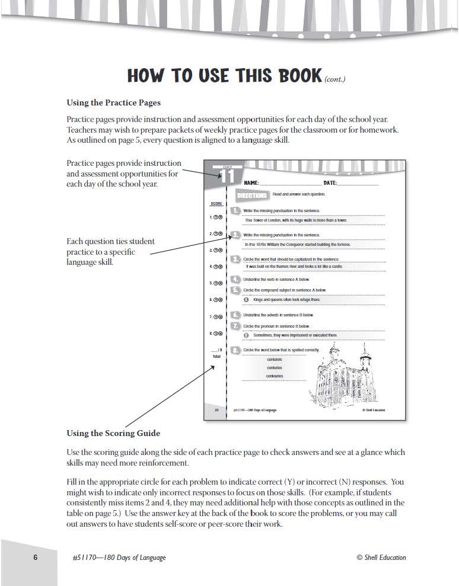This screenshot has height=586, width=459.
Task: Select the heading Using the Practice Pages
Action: pos(113,103)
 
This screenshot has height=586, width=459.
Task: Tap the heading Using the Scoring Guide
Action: pos(113,433)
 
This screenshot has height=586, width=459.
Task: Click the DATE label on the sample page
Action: pos(330,184)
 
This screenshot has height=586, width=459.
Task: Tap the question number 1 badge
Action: pos(236,210)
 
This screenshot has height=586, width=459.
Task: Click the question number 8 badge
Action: pos(236,350)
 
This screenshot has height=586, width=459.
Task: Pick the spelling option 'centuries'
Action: pos(275,368)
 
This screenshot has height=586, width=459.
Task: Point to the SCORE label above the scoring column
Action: pos(216,203)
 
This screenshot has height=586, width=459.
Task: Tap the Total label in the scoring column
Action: pos(216,357)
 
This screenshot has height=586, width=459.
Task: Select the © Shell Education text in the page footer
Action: pos(381,557)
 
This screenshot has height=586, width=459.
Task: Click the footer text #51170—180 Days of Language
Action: pos(116,557)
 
